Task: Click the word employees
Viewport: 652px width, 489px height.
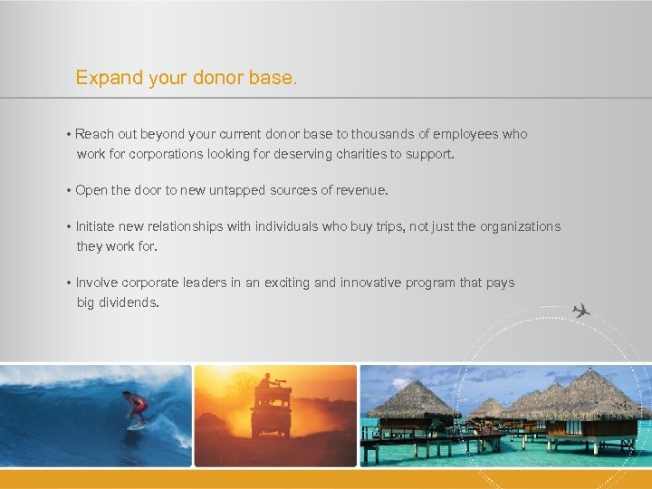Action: pos(465,134)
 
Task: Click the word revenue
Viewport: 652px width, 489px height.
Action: pos(359,190)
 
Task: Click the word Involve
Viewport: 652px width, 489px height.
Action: pos(97,283)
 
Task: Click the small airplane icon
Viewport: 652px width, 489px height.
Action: pos(580,311)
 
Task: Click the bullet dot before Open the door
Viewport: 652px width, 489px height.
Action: pos(69,191)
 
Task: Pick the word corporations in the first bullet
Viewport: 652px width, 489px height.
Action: pos(166,154)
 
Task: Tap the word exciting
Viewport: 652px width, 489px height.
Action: pos(292,283)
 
